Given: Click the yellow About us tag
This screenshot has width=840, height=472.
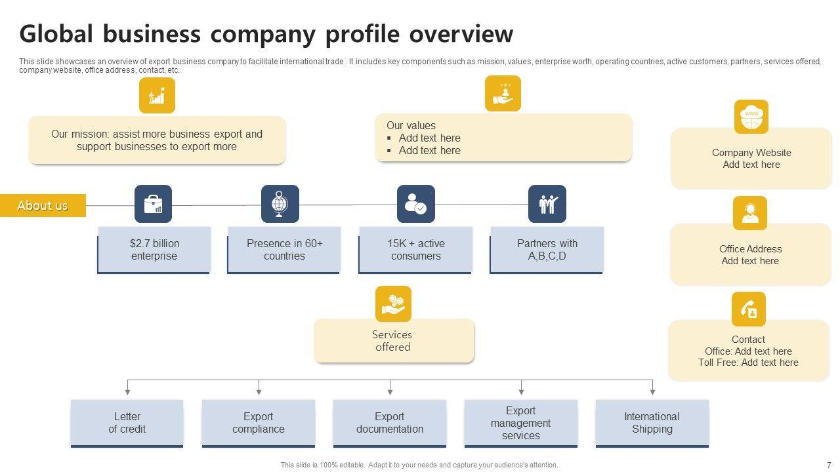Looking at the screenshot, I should pos(43,205).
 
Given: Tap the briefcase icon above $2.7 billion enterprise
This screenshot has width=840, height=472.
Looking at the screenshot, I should pos(153,204).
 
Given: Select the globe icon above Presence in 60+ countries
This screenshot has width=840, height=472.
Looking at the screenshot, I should pos(280,204).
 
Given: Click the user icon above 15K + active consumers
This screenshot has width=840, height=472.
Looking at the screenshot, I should pos(415,204).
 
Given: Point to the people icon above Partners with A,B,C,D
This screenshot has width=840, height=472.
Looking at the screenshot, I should pos(547,204).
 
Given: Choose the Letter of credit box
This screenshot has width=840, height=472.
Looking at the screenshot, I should pos(127,423).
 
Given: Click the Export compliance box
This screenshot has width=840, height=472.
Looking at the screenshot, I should pos(258,423).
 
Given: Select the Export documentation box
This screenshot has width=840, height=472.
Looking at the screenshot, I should pos(389,423).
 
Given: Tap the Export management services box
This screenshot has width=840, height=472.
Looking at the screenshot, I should pos(520,423).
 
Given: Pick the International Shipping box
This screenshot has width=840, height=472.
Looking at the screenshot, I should pos(652,423).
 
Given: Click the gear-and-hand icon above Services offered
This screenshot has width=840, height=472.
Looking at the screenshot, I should pos(393,304).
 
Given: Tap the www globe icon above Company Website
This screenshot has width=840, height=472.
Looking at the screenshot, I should pos(751,117).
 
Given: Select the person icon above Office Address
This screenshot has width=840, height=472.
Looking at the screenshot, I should pos(749,213).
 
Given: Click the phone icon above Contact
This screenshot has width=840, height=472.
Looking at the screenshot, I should pos(748,309).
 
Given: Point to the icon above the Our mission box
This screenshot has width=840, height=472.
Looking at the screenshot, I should pos(157,96).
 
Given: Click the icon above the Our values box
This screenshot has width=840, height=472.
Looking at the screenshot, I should pos(503,93).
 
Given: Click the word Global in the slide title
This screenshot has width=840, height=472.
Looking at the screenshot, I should pos(57,33).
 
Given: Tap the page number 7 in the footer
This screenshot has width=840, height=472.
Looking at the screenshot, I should pos(828,465).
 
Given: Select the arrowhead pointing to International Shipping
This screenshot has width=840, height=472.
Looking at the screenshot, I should pos(652,391).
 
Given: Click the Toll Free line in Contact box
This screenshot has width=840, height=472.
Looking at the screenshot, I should pos(748,363).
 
